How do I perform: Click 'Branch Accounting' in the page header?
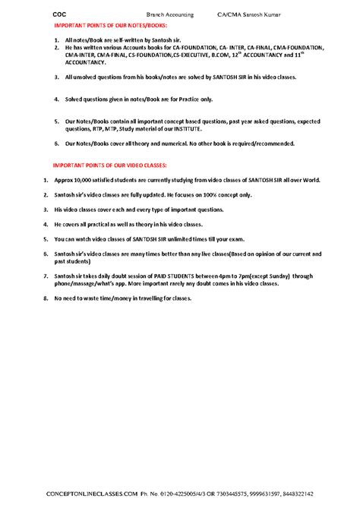point(169,14)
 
